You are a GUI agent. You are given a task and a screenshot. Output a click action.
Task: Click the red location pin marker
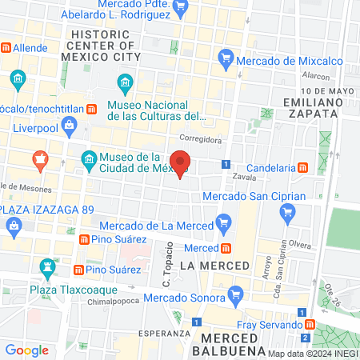pyautogui.click(x=182, y=163)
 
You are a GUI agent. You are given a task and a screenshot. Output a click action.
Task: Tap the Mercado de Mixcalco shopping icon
pyautogui.click(x=226, y=58)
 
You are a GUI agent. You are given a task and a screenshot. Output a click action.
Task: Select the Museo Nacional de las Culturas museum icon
pyautogui.click(x=126, y=82)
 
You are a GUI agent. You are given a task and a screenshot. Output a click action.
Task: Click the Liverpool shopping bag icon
pyautogui.click(x=70, y=126)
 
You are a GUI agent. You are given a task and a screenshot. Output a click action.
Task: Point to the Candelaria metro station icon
pyautogui.click(x=303, y=168)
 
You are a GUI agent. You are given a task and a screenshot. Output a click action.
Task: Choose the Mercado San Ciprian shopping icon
pyautogui.click(x=288, y=212)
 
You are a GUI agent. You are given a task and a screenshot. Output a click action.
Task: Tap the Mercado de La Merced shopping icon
pyautogui.click(x=225, y=223)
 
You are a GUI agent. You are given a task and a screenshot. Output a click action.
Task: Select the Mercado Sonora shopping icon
pyautogui.click(x=234, y=296)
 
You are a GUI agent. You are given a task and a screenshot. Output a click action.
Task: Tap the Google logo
pyautogui.click(x=27, y=350)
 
